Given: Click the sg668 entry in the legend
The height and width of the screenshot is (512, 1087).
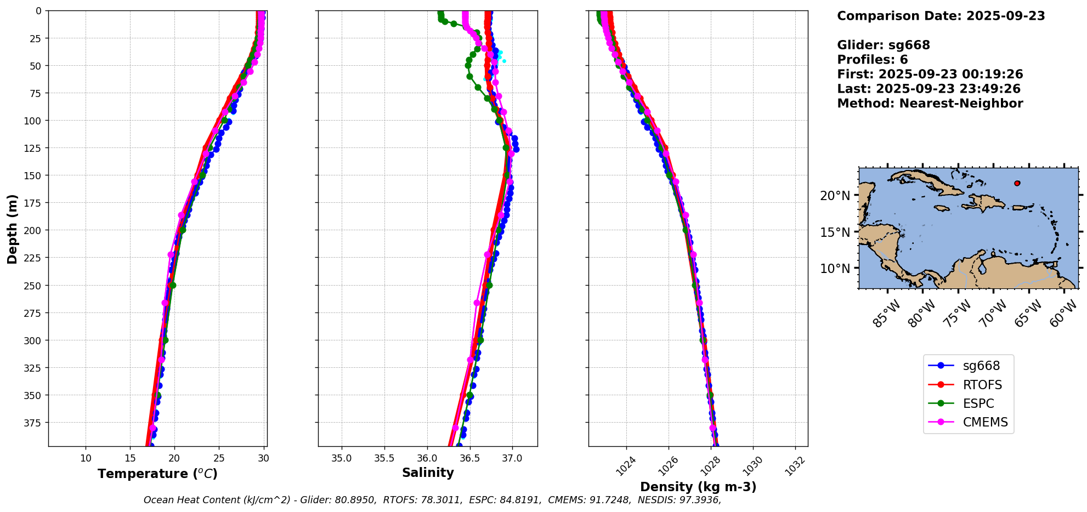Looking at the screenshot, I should [x=981, y=366].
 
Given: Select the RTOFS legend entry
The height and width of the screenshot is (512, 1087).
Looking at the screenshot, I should [x=982, y=385].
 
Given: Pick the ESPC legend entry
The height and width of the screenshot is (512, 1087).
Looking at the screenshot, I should [x=978, y=403].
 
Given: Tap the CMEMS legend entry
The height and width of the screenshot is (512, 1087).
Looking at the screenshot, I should [x=985, y=422].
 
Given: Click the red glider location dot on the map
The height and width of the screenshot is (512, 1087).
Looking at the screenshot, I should [x=1017, y=183].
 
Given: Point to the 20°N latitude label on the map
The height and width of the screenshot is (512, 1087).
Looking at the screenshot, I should [x=835, y=196].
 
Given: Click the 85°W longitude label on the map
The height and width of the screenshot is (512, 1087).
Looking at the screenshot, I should [x=886, y=314].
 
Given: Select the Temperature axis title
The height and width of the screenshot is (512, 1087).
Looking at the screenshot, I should [x=157, y=474].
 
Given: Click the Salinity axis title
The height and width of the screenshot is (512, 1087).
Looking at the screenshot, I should [x=428, y=473].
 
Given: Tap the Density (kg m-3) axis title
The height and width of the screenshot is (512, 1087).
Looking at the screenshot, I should [x=698, y=487].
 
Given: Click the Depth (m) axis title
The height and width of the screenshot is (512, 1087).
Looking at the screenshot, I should [x=12, y=229].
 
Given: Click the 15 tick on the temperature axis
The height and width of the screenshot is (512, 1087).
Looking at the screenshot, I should [x=130, y=458].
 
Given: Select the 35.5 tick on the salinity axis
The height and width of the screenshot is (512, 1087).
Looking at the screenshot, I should [x=384, y=458].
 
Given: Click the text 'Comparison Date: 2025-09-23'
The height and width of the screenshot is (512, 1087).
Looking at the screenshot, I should [x=941, y=16].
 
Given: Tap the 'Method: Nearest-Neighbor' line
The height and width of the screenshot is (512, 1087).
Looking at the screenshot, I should [x=930, y=104].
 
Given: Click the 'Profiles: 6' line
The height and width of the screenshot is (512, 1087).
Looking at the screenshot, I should [x=872, y=60].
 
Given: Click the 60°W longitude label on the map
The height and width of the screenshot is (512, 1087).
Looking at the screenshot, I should [x=1063, y=314].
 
